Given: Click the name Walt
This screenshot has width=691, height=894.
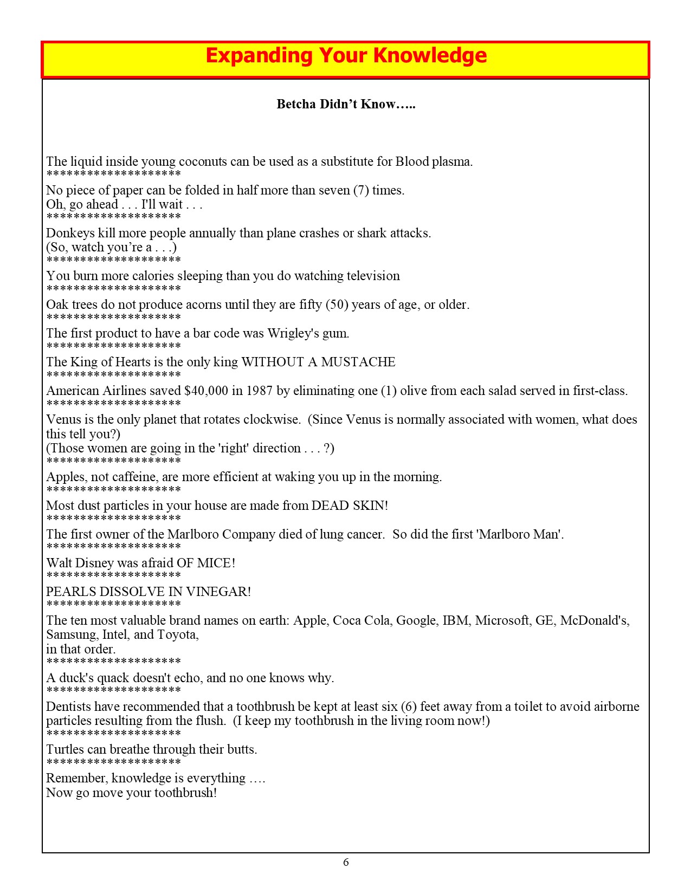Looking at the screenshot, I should (59, 563).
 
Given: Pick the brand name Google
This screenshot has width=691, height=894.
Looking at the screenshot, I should (417, 620).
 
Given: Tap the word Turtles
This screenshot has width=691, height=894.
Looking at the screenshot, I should (65, 749).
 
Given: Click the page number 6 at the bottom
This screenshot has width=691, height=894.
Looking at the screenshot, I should (346, 862).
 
